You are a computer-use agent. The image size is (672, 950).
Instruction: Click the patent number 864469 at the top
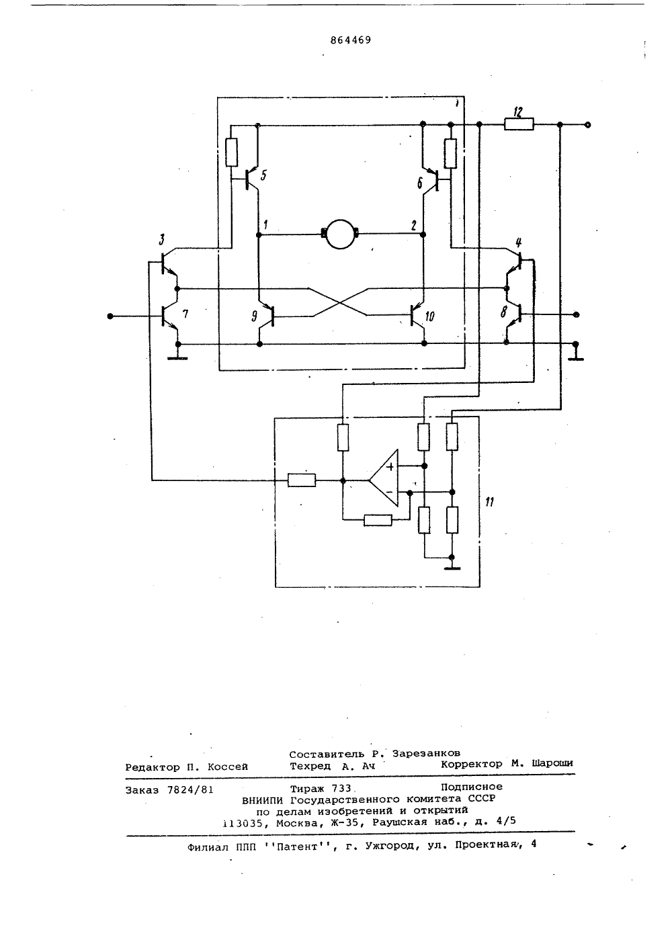[x=350, y=40]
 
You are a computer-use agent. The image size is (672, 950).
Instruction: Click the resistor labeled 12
[x=519, y=124]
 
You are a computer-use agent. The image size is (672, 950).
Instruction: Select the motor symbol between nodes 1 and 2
[x=340, y=234]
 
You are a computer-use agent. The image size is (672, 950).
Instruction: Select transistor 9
[x=266, y=316]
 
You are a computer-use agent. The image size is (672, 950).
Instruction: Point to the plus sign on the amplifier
[x=390, y=467]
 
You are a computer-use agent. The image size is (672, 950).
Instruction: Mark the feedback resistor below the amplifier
[x=378, y=520]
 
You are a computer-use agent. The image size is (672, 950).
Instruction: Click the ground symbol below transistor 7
[x=178, y=358]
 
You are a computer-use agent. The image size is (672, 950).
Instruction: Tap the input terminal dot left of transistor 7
[x=110, y=316]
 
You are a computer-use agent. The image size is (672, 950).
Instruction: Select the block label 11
[x=490, y=502]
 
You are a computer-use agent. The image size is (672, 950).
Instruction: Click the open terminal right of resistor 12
[x=587, y=125]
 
